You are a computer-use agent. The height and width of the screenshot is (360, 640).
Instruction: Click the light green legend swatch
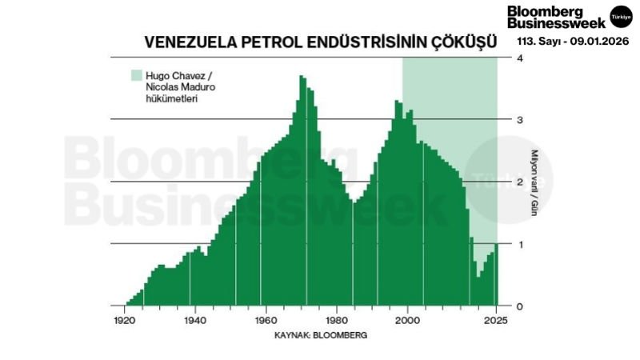135,75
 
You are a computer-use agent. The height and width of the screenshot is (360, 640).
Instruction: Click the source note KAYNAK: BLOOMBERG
320,336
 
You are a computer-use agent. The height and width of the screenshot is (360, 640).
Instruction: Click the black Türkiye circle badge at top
621,16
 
